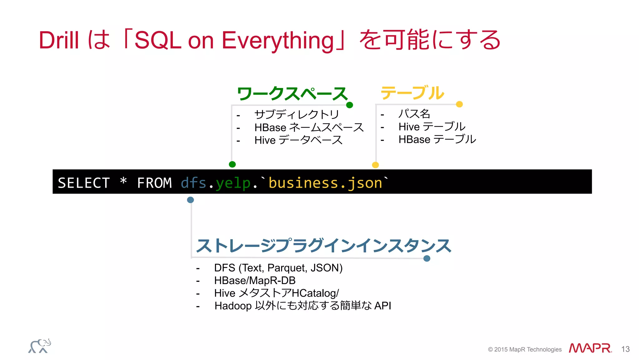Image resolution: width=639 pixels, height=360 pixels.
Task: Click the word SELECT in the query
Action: click(x=84, y=183)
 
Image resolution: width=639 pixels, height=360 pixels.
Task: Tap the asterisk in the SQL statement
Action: click(x=123, y=181)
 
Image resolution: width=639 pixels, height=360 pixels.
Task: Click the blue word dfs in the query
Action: click(x=193, y=183)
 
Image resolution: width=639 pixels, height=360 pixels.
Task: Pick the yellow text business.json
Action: click(x=325, y=183)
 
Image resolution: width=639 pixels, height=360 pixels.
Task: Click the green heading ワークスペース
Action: click(x=292, y=94)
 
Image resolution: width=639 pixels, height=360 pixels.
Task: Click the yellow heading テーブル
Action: click(x=412, y=93)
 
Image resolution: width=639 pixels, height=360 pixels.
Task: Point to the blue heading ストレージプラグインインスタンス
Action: click(x=323, y=246)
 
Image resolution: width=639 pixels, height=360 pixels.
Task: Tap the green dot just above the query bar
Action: click(x=232, y=164)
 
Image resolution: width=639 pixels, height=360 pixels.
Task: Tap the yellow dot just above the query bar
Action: click(x=375, y=165)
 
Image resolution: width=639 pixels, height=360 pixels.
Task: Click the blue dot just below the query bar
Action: click(x=190, y=200)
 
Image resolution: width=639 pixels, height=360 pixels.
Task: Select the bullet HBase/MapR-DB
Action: click(x=255, y=280)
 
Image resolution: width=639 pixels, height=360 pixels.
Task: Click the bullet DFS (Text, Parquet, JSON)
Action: click(x=278, y=268)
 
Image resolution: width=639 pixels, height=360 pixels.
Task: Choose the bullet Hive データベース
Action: click(x=298, y=140)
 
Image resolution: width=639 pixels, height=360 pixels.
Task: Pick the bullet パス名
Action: click(x=414, y=114)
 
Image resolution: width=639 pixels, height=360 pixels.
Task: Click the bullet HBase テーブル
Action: click(x=437, y=139)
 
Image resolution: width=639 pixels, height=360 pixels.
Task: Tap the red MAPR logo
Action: click(x=590, y=348)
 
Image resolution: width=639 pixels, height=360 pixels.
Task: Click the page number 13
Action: click(x=625, y=349)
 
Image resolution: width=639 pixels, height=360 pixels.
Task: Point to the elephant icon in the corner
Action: click(x=40, y=346)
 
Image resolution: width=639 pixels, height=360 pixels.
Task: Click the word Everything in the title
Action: click(x=278, y=41)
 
